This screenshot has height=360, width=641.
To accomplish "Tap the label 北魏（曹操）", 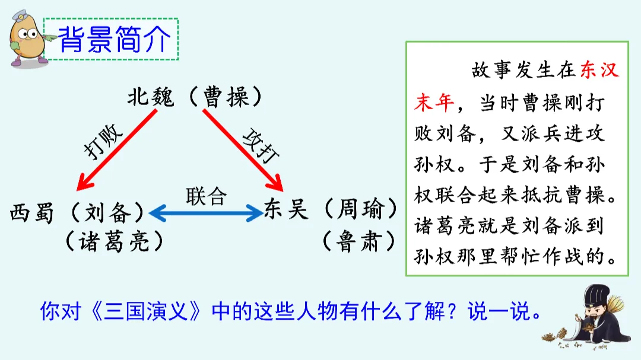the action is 194,97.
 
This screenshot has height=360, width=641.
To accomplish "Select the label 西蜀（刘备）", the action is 77,212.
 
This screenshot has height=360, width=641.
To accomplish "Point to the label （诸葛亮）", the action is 113,241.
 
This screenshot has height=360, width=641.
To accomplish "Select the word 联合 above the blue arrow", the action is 206,195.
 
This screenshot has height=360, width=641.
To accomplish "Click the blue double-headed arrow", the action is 206,211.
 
